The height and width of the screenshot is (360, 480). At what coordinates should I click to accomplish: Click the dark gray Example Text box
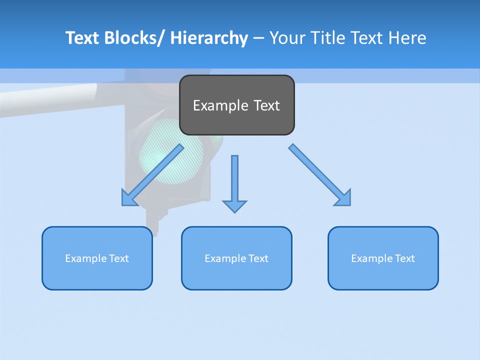[x=236, y=105]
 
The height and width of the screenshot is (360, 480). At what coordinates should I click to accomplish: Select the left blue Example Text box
[x=97, y=258]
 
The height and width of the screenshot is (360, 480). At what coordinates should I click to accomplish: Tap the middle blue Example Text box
[x=236, y=258]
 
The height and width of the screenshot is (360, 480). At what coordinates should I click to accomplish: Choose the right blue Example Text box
[x=383, y=258]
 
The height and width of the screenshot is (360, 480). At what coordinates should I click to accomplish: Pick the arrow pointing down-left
[x=152, y=175]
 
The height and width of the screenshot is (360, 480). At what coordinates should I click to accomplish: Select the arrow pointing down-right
[x=320, y=175]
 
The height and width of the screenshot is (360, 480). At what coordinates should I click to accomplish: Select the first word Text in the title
[x=83, y=38]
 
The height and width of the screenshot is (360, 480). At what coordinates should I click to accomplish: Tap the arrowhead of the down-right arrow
[x=343, y=198]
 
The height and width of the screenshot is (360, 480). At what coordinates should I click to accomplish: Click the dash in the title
[x=258, y=38]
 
